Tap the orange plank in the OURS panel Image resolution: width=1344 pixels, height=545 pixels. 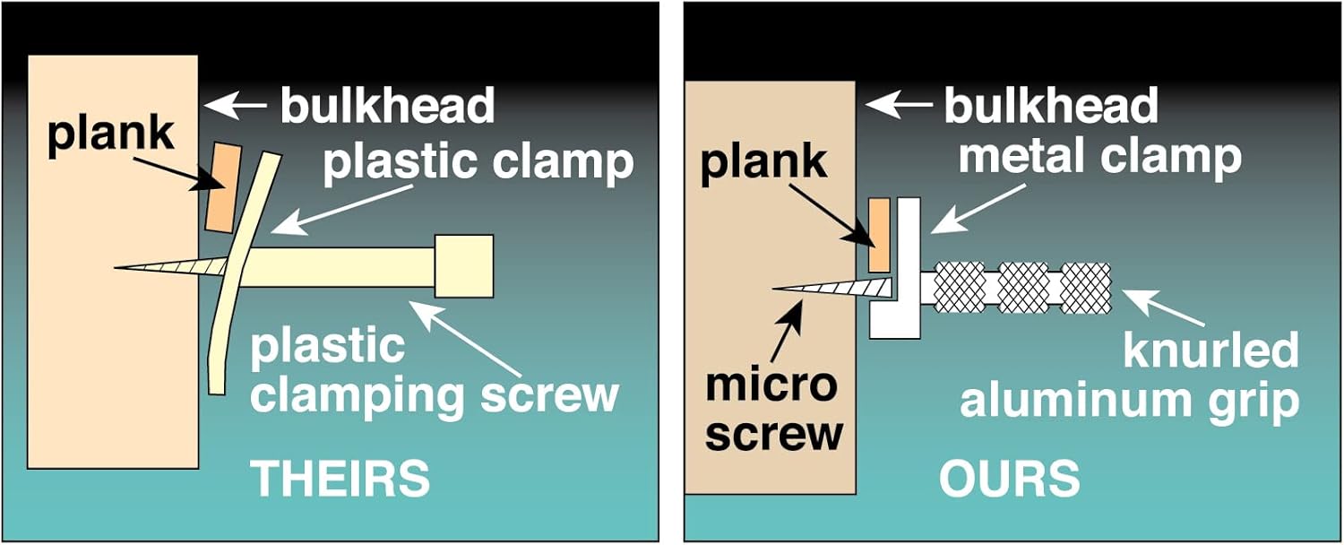tap(879, 235)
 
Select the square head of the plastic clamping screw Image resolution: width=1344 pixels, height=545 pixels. tap(464, 265)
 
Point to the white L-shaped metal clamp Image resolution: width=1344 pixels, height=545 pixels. tap(907, 269)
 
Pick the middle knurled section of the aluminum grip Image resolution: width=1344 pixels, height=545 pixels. tap(1022, 287)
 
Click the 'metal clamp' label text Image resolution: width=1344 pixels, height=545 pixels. tap(1100, 156)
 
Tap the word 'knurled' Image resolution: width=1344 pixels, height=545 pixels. tap(1210, 350)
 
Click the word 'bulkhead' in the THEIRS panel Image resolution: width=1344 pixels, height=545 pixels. tap(387, 106)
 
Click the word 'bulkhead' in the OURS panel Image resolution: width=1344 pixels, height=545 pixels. tap(1050, 106)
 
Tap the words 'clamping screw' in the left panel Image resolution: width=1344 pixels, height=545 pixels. tap(435, 394)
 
